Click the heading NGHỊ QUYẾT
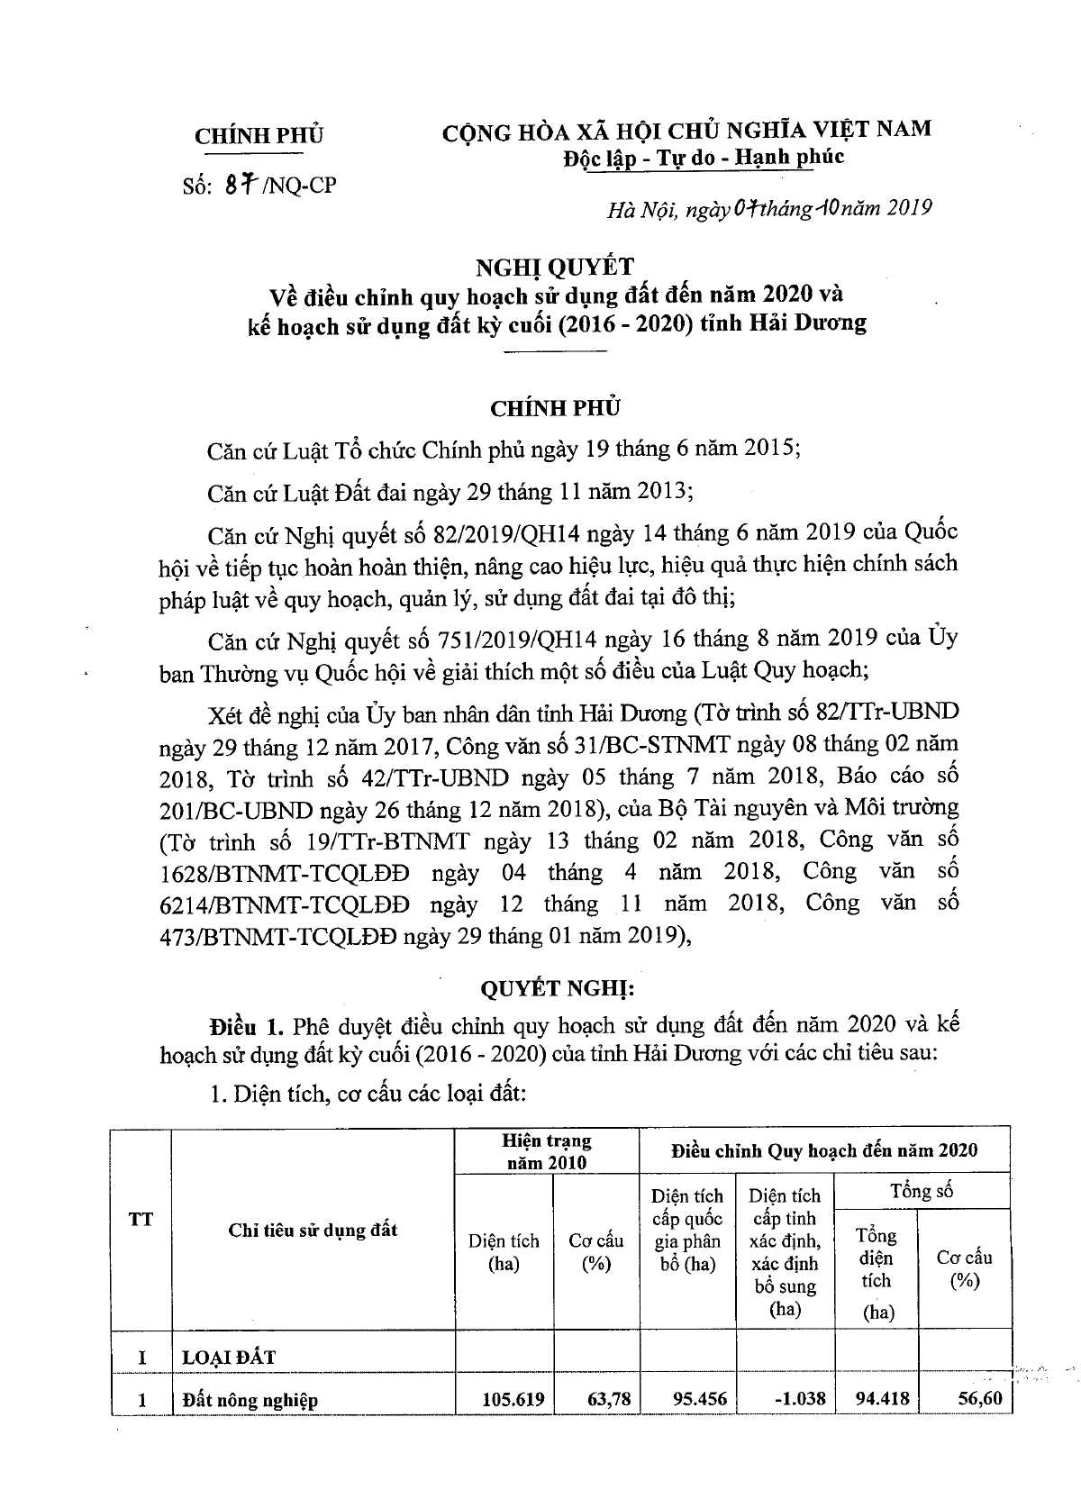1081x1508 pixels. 556,266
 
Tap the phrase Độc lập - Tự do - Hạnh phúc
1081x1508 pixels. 704,157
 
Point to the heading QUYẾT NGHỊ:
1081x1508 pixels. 556,988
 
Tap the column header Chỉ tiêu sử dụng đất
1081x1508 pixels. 313,1230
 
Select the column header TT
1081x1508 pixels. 141,1220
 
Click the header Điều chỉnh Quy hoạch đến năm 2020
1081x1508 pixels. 823,1150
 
